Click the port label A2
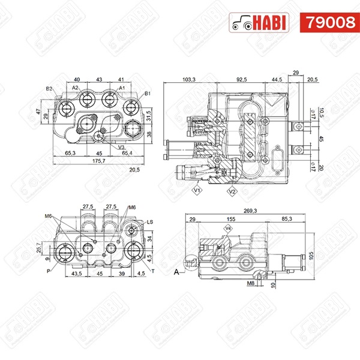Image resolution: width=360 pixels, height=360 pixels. (x=75, y=88)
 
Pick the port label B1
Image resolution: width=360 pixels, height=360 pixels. (x=148, y=94)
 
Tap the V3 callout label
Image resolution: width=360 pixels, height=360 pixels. (x=121, y=147)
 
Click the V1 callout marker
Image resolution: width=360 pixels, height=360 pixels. (x=196, y=191)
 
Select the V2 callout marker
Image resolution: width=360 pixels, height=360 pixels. (x=231, y=191)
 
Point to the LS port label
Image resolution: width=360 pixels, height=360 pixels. (x=149, y=221)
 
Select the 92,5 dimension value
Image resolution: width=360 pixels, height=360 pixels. (x=242, y=79)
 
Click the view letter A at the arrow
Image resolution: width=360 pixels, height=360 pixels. (x=176, y=271)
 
